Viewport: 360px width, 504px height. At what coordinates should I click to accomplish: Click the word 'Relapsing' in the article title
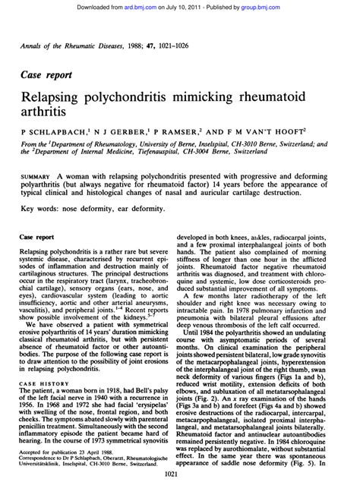53,99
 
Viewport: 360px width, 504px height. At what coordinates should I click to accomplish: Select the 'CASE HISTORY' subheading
44,383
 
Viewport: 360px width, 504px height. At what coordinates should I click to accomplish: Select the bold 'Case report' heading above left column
38,259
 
